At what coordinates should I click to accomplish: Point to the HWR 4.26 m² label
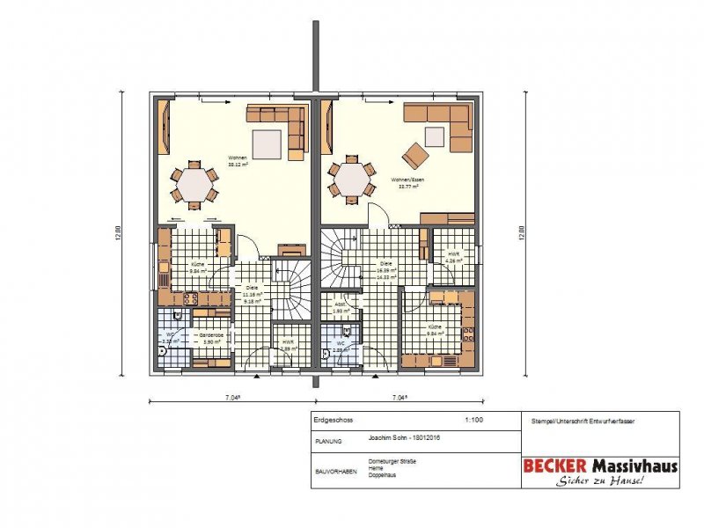click(453, 257)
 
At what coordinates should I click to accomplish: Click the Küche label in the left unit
click(197, 268)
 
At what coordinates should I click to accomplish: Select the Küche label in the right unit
click(436, 329)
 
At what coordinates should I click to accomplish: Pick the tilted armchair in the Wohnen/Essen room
click(415, 157)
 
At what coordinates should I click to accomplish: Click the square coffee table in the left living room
click(268, 143)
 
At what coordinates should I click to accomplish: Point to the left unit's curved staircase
click(290, 290)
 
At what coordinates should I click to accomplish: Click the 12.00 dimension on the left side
click(116, 233)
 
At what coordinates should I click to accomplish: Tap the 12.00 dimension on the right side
click(521, 233)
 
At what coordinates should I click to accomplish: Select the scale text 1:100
click(473, 421)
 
